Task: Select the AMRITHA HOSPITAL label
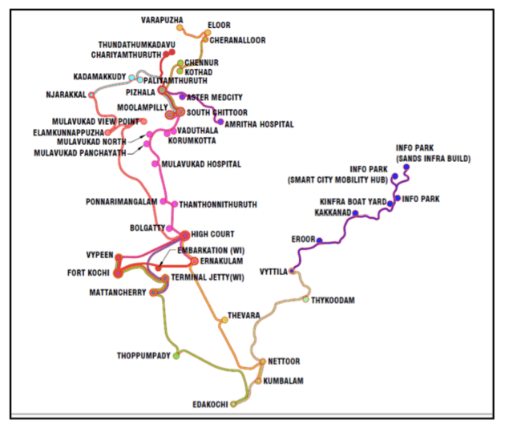(260, 124)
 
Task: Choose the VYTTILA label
(273, 272)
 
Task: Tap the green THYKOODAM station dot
(305, 300)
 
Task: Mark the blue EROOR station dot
(319, 240)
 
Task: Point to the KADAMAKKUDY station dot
(140, 79)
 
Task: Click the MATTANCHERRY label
(117, 293)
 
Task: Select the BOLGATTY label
(147, 228)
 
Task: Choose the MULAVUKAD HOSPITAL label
(201, 164)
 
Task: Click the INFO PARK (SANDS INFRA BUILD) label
(433, 153)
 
